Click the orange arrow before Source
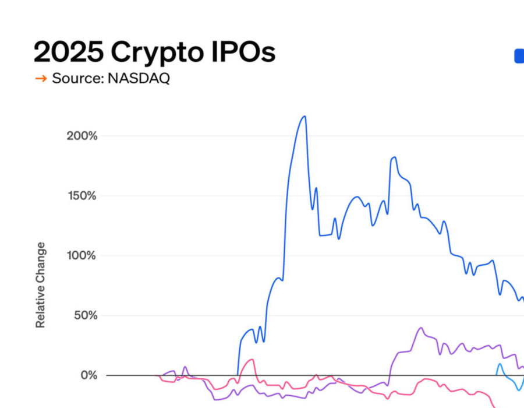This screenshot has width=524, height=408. [41, 79]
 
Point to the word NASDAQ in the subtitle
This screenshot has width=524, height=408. [139, 79]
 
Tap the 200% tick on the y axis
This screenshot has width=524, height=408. [82, 136]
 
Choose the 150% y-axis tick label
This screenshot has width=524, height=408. [82, 195]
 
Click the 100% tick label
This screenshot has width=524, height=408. [82, 255]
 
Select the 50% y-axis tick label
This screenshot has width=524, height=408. [85, 315]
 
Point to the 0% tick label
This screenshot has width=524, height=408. [88, 375]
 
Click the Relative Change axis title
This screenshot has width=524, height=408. [40, 289]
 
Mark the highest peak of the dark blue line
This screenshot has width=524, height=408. [304, 117]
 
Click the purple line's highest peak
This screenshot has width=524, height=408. [421, 328]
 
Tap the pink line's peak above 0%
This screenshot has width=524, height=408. [252, 360]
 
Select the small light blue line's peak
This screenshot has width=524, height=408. [499, 364]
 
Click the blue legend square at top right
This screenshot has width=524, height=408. [519, 56]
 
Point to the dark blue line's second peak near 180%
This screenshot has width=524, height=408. [394, 157]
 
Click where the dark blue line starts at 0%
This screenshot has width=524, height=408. [238, 374]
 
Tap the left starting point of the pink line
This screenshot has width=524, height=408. [160, 375]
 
